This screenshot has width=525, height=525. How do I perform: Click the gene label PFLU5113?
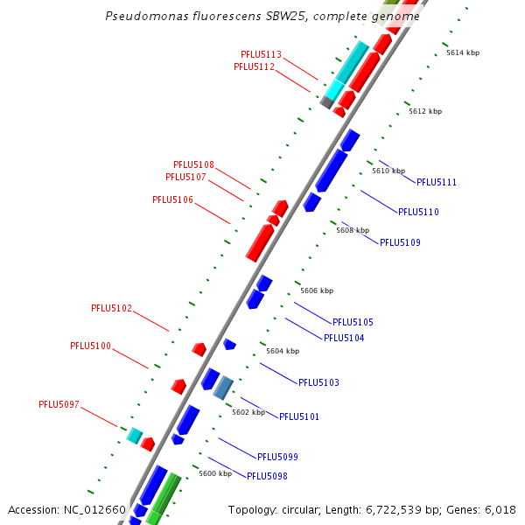(261, 54)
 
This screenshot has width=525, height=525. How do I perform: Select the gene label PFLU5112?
(254, 66)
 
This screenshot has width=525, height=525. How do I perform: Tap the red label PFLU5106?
(172, 199)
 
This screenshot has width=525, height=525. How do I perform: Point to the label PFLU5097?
(59, 404)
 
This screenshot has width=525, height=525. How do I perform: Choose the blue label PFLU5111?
(437, 182)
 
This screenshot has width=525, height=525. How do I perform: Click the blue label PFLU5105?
(353, 322)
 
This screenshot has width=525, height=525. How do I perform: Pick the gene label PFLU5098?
(267, 476)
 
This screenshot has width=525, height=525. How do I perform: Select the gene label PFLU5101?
(299, 416)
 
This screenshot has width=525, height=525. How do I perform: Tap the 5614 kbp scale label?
(463, 52)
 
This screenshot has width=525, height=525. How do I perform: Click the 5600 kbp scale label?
(215, 473)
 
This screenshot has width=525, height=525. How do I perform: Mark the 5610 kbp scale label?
(388, 171)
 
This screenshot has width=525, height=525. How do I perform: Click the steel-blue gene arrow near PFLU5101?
(224, 387)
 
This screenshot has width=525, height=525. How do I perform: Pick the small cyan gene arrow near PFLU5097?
(135, 435)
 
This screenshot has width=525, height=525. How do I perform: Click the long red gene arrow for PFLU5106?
(259, 242)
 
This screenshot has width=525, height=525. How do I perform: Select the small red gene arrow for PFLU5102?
(199, 349)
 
